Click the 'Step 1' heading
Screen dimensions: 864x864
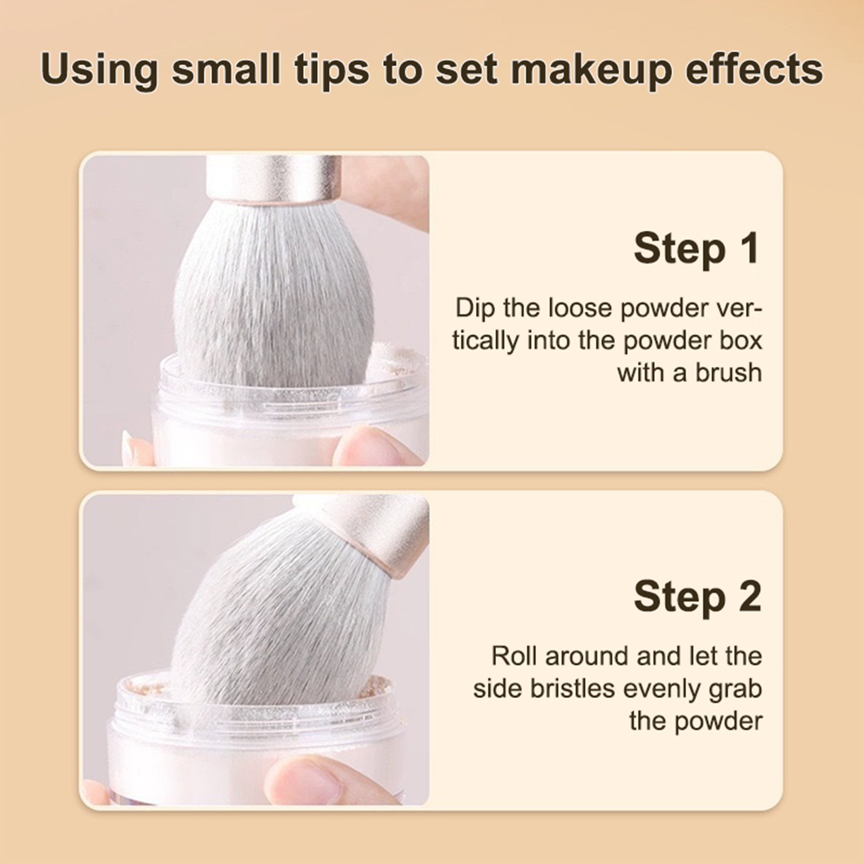(697, 248)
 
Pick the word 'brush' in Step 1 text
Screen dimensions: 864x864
(728, 373)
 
